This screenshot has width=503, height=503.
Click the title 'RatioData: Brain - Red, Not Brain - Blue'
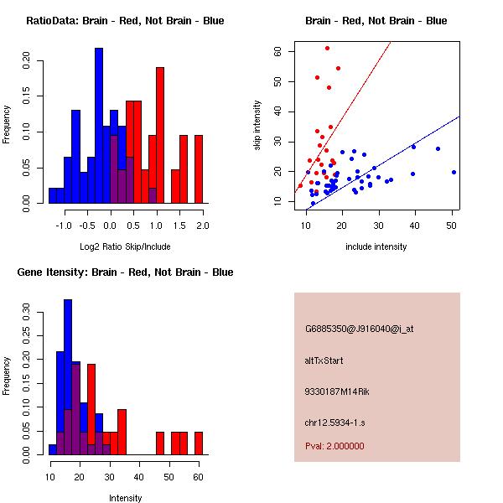(x=125, y=20)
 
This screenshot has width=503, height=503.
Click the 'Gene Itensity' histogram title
(x=125, y=272)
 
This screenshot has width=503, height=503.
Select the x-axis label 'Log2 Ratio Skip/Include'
(x=125, y=247)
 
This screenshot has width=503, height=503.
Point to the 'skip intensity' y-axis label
(x=258, y=126)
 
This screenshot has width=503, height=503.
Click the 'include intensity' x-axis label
(x=376, y=246)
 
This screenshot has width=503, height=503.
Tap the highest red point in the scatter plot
(x=327, y=48)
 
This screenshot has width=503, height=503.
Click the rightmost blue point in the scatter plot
(x=454, y=172)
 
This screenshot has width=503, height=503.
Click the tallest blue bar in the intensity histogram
(x=68, y=377)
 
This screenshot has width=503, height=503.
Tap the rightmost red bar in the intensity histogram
(x=199, y=443)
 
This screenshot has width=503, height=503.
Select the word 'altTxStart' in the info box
(x=324, y=360)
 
